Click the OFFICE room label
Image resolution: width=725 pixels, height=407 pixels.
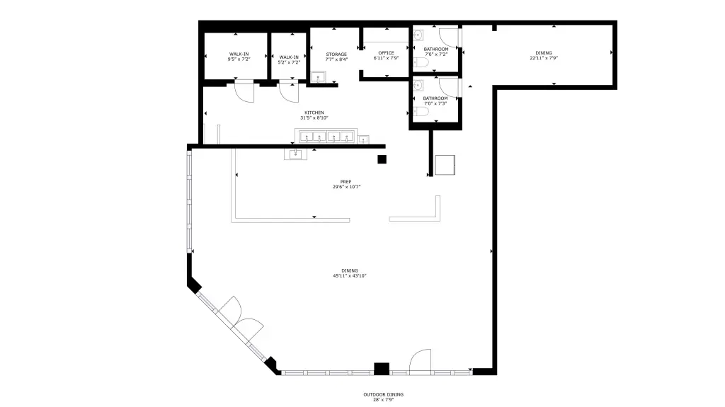(x=386, y=52)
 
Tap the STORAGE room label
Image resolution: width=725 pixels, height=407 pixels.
(x=336, y=54)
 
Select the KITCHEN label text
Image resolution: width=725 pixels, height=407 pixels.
(x=314, y=113)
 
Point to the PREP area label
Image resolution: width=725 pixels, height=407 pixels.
(x=346, y=182)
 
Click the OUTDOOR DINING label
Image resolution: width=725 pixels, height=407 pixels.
(x=383, y=394)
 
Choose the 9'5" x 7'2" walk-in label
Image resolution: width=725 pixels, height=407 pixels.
(x=239, y=59)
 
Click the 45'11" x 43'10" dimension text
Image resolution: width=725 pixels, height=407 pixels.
(x=350, y=275)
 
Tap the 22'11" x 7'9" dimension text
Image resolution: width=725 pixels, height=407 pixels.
(x=544, y=58)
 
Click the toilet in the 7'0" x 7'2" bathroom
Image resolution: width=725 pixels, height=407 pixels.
(x=421, y=62)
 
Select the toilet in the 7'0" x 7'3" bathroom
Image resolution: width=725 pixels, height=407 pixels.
(x=421, y=111)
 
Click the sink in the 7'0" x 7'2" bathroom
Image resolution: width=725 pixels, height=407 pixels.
(x=418, y=35)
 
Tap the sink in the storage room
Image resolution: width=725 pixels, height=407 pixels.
(x=318, y=76)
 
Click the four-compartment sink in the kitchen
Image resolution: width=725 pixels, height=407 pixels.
(x=326, y=137)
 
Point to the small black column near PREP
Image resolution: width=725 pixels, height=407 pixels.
(x=382, y=159)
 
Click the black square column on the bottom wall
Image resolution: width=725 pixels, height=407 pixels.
(x=382, y=369)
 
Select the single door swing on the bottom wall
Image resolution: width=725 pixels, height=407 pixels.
(x=421, y=360)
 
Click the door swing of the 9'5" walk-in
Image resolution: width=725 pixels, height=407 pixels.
(x=244, y=92)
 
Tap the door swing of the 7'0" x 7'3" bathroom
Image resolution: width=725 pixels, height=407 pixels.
(x=449, y=87)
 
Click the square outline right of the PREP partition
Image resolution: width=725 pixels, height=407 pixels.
(x=445, y=165)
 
